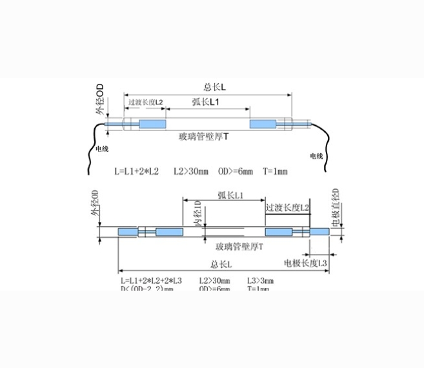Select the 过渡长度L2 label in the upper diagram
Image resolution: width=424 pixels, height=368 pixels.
tap(146, 103)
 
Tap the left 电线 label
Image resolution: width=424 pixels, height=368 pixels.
tap(102, 148)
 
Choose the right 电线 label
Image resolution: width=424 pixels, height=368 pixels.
tap(316, 156)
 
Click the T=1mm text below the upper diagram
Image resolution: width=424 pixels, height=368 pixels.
tap(275, 171)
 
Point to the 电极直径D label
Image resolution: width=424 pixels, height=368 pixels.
tap(335, 206)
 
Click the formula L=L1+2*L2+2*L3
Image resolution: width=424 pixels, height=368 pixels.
tap(151, 281)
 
